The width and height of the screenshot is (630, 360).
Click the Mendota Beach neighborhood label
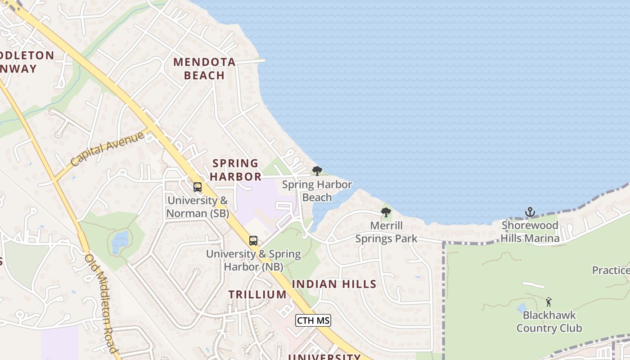(205, 68)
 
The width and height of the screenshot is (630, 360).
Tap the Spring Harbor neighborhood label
(235, 170)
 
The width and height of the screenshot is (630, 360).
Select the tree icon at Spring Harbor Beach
(317, 171)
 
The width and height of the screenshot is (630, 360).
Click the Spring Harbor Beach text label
(317, 191)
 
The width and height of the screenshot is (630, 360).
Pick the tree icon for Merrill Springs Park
(386, 212)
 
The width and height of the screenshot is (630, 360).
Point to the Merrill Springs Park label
(387, 232)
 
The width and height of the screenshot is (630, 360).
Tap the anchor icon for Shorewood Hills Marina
(530, 212)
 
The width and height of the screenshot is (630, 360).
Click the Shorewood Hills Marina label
(530, 231)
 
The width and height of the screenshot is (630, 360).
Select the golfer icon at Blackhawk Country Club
(549, 302)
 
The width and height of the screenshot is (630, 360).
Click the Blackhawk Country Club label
(549, 321)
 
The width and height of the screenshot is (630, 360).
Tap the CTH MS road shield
(313, 320)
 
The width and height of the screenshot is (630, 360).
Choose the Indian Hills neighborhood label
(334, 284)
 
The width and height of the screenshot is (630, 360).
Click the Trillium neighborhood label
(257, 294)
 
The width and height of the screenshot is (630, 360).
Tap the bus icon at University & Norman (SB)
(198, 187)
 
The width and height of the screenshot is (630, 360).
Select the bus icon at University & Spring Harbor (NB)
(253, 241)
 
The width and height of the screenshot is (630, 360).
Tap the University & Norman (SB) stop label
(198, 207)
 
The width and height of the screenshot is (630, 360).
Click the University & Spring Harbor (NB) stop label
(253, 260)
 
